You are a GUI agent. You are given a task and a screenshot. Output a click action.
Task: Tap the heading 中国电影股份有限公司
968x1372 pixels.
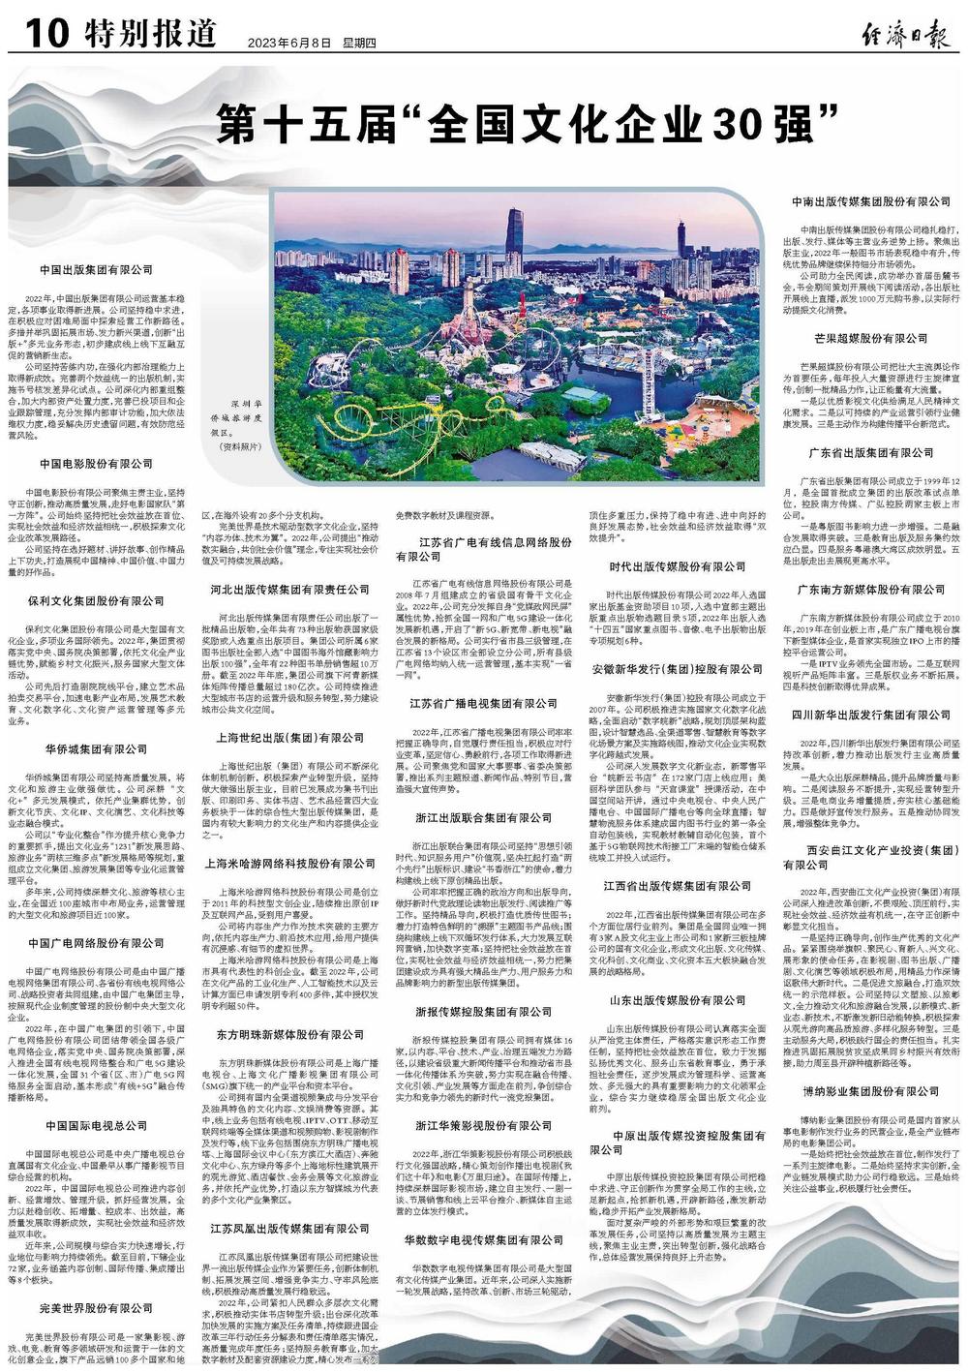pos(96,464)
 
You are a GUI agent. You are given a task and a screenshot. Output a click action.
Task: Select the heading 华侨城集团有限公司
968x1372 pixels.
pos(96,722)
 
